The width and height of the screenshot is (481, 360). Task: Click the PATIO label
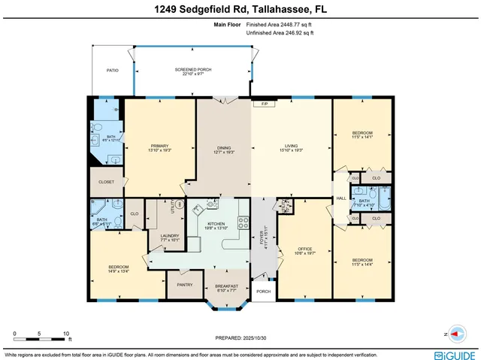coord(112,70)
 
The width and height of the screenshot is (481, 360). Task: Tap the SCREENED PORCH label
coord(193,70)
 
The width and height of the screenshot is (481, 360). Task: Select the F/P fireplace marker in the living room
coord(265,103)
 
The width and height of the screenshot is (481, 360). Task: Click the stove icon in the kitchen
coord(243,222)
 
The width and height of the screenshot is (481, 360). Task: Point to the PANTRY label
coord(185,285)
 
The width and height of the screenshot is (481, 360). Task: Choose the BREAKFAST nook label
coord(226,286)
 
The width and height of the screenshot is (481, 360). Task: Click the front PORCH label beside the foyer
coord(263,292)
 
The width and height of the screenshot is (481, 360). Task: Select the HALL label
coord(340,198)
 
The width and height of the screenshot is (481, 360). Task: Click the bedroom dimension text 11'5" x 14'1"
coord(363,138)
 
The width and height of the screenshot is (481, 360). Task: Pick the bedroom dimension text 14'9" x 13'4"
coord(118,272)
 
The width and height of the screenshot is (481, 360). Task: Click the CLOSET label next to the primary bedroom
coord(106,181)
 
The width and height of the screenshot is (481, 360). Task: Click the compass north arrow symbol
coord(458,334)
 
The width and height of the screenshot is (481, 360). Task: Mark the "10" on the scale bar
coord(67,333)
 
